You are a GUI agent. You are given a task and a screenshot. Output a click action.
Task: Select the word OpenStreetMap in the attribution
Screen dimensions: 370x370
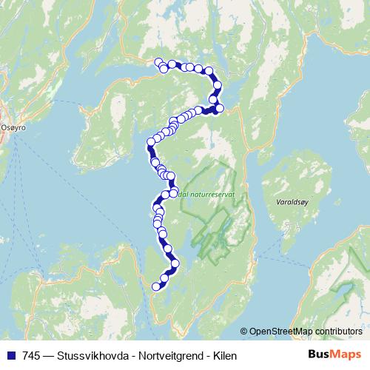(280, 332)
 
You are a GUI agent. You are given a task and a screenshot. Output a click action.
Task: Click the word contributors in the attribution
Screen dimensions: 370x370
(339, 332)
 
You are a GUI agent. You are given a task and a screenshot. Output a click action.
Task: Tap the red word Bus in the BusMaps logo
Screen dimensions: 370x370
(319, 356)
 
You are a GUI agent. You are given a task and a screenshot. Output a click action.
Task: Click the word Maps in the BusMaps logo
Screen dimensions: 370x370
(345, 356)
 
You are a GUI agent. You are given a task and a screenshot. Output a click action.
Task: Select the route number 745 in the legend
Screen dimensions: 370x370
(31, 356)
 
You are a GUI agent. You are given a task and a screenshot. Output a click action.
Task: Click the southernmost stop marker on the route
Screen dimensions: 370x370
(156, 286)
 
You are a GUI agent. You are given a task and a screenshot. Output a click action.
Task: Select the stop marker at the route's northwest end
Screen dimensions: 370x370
(158, 62)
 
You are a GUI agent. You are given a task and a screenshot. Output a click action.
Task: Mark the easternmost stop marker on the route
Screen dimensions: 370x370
(220, 108)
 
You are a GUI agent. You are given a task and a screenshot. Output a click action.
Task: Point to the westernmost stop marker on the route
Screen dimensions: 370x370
(150, 141)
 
